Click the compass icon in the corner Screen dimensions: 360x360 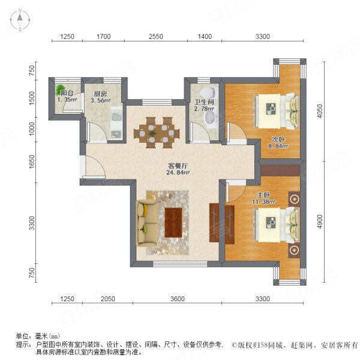click(20, 20)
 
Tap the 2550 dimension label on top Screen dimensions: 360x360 click(155, 37)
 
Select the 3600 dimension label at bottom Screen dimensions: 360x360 click(178, 299)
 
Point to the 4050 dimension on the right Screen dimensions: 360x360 click(320, 112)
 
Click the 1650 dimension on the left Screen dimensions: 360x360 click(32, 161)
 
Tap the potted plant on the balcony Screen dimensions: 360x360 click(60, 89)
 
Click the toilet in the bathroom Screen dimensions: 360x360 click(208, 92)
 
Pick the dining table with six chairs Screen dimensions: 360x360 click(157, 133)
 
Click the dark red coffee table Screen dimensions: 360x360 click(173, 223)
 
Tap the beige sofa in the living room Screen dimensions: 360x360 click(146, 223)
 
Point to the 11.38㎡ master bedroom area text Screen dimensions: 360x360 click(264, 202)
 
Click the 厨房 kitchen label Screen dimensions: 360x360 click(100, 94)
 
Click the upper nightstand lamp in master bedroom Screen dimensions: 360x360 click(295, 199)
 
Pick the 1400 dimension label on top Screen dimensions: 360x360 click(205, 37)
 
